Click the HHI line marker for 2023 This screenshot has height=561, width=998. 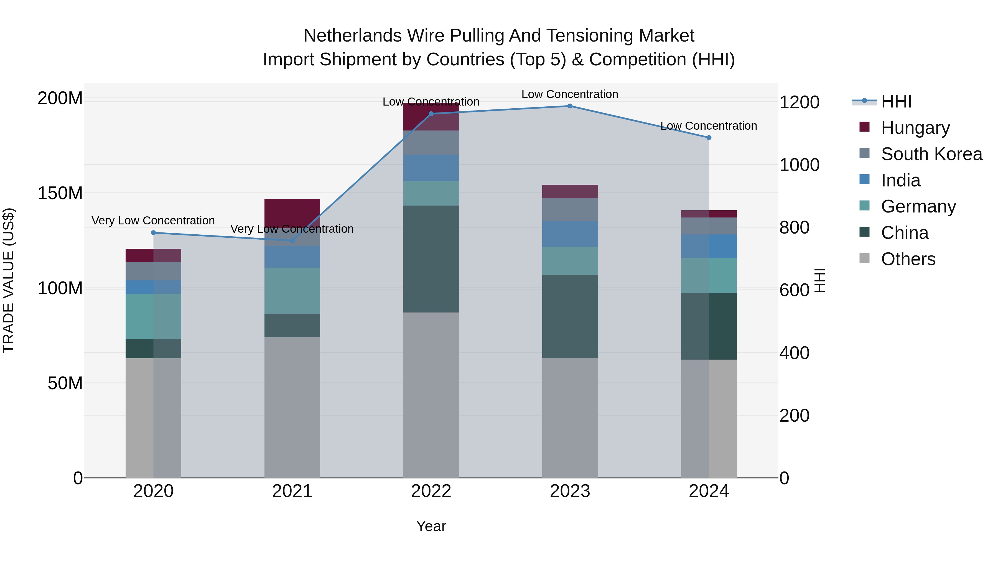click(x=570, y=106)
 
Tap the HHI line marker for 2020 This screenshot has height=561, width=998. click(x=153, y=233)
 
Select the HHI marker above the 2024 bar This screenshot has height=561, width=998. click(x=709, y=137)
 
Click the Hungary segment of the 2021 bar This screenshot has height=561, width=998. click(x=292, y=212)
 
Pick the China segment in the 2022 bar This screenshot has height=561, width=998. click(x=431, y=259)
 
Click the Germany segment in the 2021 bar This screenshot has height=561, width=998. click(x=292, y=290)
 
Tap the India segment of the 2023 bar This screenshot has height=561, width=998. click(x=570, y=234)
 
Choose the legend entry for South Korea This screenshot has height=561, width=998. click(x=931, y=154)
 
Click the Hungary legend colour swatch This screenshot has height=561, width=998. click(x=864, y=127)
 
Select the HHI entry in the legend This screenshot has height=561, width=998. click(x=896, y=101)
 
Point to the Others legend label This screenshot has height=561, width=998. click(x=908, y=259)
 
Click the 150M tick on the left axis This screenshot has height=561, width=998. click(x=60, y=193)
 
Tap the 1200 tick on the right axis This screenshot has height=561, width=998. click(x=799, y=103)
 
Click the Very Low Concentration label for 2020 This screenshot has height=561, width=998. click(x=153, y=221)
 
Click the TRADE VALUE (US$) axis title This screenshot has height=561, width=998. click(x=9, y=280)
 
